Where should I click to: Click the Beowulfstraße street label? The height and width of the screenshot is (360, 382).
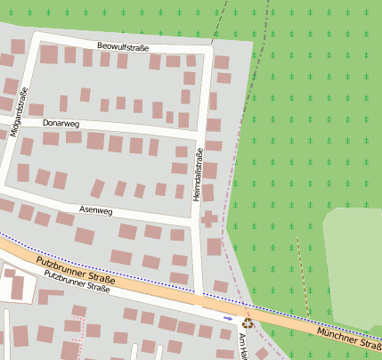[x=123, y=46]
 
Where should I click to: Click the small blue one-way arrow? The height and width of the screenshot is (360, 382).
[x=228, y=317]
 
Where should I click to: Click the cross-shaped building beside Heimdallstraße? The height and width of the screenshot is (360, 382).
[x=210, y=218]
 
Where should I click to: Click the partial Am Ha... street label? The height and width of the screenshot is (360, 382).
[x=241, y=344]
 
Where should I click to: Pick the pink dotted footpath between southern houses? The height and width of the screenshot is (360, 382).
[x=85, y=334]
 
